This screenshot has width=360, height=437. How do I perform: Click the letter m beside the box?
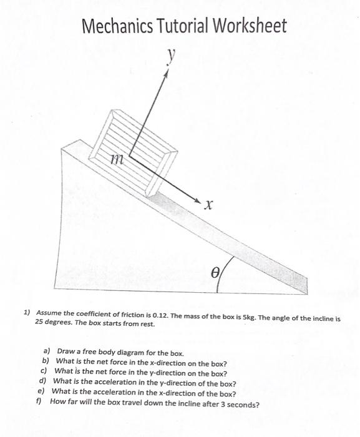click(114, 160)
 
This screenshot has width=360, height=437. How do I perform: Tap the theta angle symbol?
click(215, 273)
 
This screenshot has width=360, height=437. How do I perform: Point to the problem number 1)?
click(27, 312)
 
